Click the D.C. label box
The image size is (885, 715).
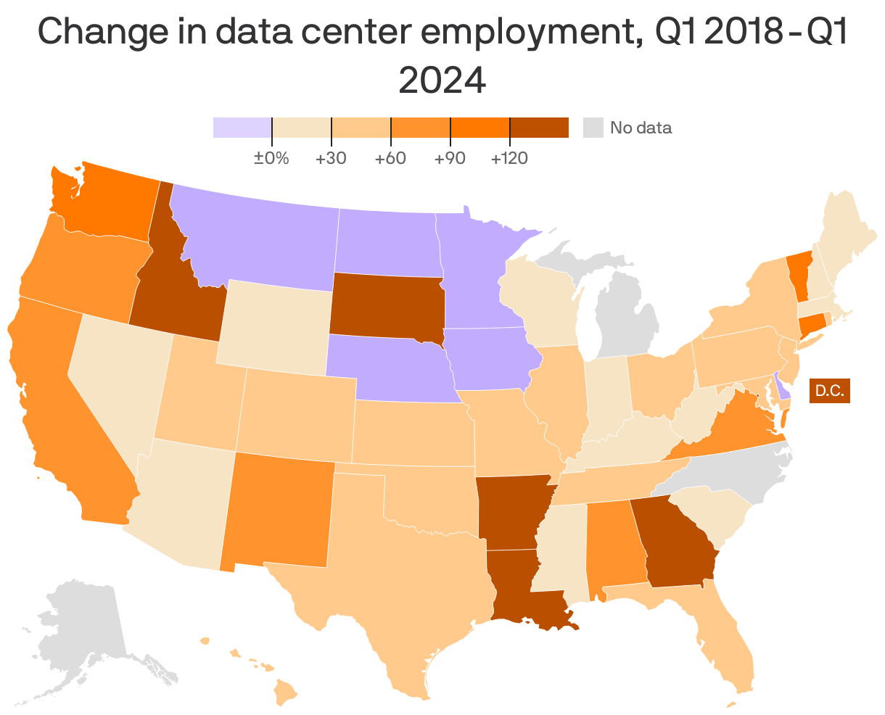pos(829,390)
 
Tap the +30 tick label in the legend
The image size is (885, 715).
pos(331,158)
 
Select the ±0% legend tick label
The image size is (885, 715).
pos(271,158)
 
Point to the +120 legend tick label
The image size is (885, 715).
pos(509,158)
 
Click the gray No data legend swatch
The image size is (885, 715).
pos(593,128)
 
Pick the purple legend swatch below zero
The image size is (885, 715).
pos(242,128)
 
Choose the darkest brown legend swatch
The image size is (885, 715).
pos(539,128)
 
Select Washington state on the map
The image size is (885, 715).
pos(109,203)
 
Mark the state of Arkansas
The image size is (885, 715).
pos(511,511)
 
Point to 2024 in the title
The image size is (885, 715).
pos(442,80)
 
